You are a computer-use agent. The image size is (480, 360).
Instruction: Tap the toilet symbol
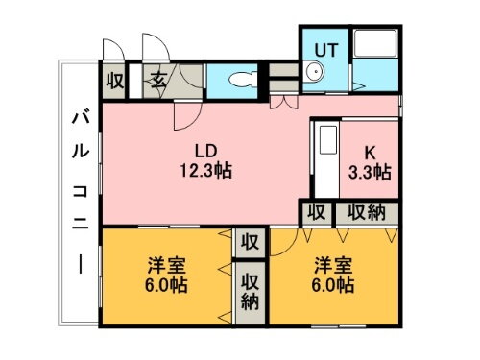tap(239, 80)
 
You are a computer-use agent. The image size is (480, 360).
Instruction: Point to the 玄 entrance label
tap(156, 80)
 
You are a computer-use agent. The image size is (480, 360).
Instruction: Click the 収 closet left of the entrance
tap(113, 80)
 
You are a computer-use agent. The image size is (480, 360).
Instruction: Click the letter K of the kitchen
tap(370, 153)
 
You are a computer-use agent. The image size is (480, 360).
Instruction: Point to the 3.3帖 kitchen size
tap(370, 172)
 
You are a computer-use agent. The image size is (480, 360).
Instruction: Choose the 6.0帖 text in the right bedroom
tap(332, 285)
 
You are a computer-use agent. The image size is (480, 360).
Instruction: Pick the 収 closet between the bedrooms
tap(250, 242)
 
